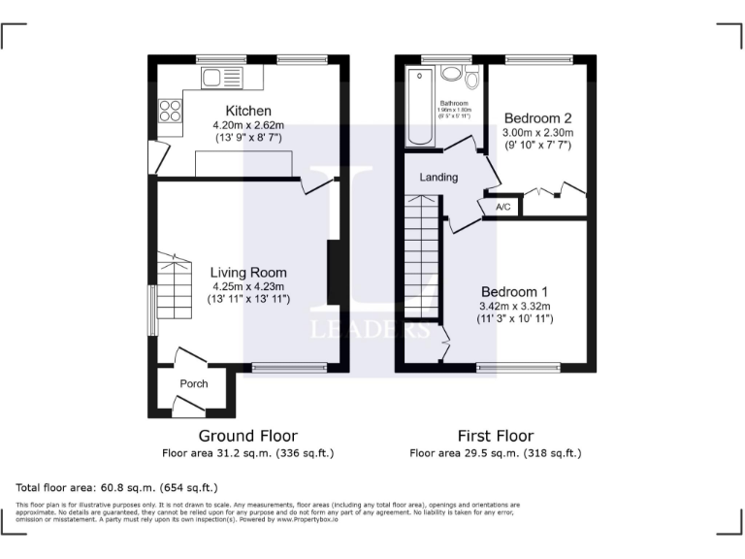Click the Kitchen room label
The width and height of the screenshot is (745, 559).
click(248, 111)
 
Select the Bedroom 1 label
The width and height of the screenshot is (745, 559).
click(515, 291)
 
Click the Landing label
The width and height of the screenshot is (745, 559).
click(437, 178)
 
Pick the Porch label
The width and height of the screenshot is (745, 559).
click(194, 383)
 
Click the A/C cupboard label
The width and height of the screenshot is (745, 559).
click(503, 207)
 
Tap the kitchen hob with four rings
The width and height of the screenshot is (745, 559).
click(169, 111)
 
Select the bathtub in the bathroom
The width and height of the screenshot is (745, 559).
click(418, 107)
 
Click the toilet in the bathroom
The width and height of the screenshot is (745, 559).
click(472, 78)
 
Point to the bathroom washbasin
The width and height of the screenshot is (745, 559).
click(449, 73)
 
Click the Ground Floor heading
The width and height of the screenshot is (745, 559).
click(247, 436)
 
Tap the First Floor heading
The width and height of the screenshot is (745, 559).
click(495, 436)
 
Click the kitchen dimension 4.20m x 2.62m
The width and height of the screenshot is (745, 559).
click(248, 125)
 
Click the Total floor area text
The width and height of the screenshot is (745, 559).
click(117, 487)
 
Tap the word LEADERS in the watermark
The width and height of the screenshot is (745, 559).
click(372, 329)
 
